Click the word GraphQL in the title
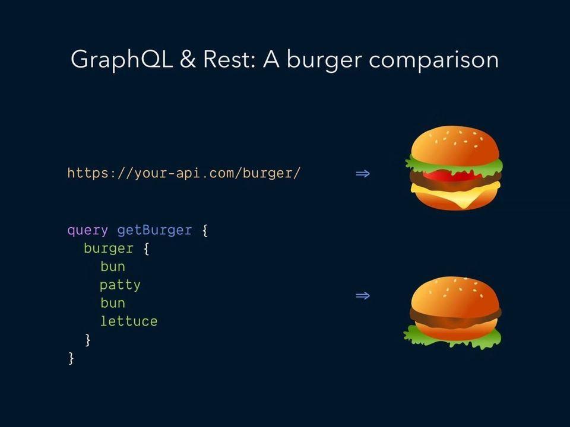pos(121,59)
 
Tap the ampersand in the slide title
pos(188,59)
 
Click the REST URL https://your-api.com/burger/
pos(184,173)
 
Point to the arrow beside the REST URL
pos(363,174)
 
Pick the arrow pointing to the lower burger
pos(363,295)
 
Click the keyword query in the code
pos(88,231)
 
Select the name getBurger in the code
pos(154,231)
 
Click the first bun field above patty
pos(113,266)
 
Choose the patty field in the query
pos(121,285)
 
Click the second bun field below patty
pos(113,303)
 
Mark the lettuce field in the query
pos(129,321)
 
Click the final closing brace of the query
pos(71,358)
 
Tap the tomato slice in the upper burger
pos(451,176)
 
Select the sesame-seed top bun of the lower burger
pos(455,295)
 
